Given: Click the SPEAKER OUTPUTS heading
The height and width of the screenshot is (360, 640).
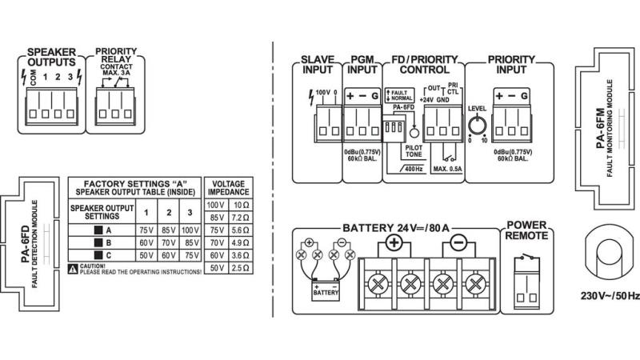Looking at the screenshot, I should (50, 56).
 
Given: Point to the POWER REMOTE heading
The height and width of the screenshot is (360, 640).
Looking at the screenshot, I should (527, 230).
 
